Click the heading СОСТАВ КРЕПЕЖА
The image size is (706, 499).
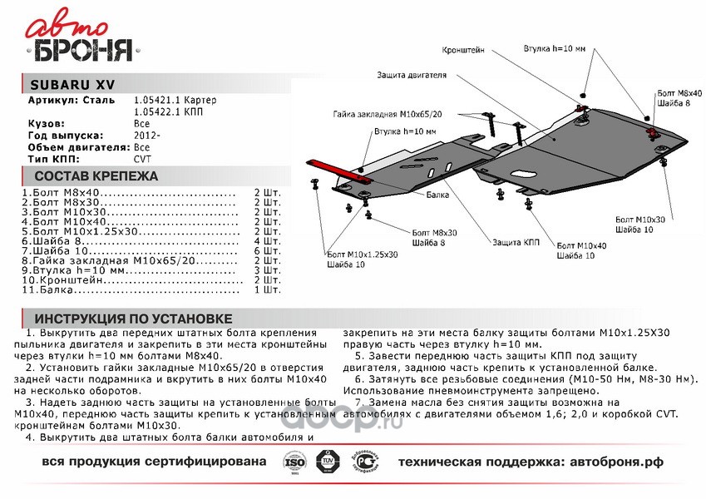click(x=96, y=176)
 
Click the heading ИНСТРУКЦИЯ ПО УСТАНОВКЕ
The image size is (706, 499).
click(x=133, y=319)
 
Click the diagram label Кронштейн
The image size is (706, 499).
click(x=464, y=49)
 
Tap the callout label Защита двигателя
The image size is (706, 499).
click(x=412, y=75)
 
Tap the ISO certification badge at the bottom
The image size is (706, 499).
click(x=295, y=460)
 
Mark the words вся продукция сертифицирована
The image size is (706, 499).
click(x=154, y=460)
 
